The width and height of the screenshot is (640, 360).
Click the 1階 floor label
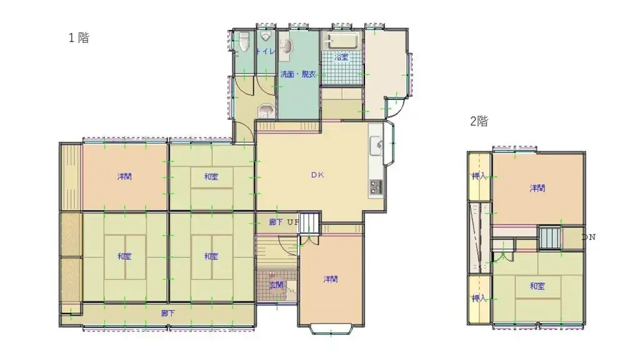click(x=79, y=37)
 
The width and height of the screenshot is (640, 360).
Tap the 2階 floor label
click(x=479, y=122)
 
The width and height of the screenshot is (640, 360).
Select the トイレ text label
click(x=266, y=51)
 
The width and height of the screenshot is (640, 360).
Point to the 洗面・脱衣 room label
click(x=297, y=74)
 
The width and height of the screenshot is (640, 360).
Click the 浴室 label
click(x=341, y=57)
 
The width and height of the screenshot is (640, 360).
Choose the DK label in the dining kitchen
click(x=317, y=176)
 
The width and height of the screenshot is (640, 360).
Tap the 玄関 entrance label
click(x=276, y=284)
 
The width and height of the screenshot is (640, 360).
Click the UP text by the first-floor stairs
click(x=292, y=222)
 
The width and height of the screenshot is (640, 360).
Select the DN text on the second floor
click(x=588, y=237)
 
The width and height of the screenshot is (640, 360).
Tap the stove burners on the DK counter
click(x=376, y=186)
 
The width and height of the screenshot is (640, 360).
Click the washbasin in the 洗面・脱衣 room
click(x=284, y=47)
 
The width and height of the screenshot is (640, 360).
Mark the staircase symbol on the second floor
click(x=550, y=238)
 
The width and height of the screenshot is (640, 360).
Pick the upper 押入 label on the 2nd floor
click(x=479, y=176)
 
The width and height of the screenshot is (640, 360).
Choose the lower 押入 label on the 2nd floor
click(x=479, y=298)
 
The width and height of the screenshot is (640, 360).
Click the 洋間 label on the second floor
click(x=537, y=188)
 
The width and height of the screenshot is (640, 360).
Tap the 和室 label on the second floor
click(x=537, y=286)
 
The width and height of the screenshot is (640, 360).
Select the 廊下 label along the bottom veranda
click(x=167, y=313)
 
